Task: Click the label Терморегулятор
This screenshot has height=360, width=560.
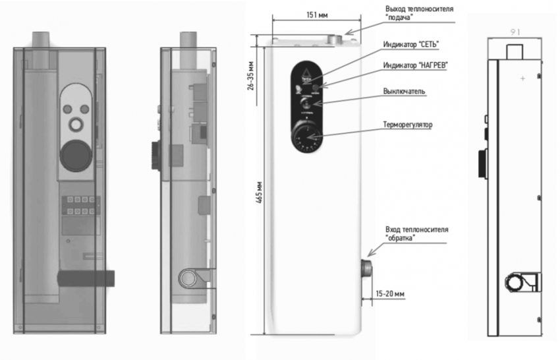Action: [408, 123]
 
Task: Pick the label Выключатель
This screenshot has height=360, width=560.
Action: [406, 92]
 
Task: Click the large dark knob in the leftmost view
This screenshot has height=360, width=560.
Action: [74, 156]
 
